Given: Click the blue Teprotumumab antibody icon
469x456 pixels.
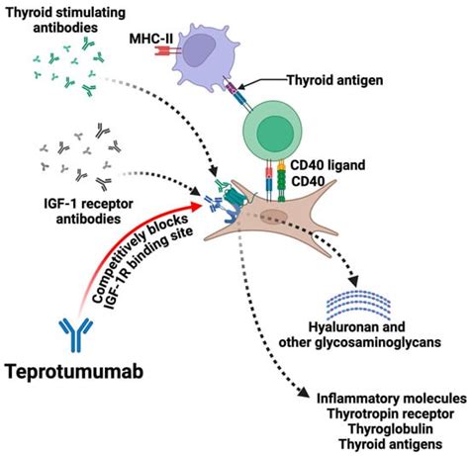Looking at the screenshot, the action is [76, 334].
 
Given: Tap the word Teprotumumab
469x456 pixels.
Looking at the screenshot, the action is [74, 371].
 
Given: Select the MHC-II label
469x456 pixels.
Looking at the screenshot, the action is [151, 39].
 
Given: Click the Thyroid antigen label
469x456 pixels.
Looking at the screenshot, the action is [335, 80].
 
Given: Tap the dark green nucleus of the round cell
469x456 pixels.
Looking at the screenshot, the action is [275, 133].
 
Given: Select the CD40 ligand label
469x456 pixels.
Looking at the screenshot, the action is [328, 165].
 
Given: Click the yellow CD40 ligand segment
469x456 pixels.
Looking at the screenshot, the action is [281, 166].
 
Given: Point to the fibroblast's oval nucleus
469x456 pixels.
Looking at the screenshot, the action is [273, 218].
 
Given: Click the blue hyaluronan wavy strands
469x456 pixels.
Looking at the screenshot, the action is [358, 305].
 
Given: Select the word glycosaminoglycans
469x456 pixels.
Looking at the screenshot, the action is [378, 342].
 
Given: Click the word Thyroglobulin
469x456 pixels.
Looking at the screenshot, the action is [391, 429].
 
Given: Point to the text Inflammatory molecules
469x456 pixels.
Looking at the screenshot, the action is [392, 399].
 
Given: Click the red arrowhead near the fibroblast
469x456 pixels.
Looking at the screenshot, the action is [197, 206].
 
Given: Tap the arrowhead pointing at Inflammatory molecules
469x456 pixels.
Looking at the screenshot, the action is [304, 391].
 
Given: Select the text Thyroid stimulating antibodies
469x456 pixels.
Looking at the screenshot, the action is [65, 20].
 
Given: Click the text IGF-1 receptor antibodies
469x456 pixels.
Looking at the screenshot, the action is [88, 211].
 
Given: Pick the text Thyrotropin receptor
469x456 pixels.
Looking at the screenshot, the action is [391, 413].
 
